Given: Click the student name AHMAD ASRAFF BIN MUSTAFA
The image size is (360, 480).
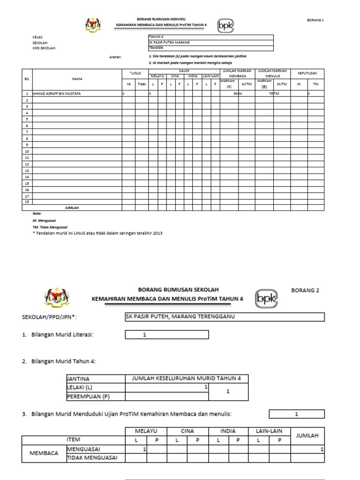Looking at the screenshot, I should tap(56, 94).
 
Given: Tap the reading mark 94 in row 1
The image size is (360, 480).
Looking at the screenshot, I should tap(235, 94).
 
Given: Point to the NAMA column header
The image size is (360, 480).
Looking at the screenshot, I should tap(77, 79).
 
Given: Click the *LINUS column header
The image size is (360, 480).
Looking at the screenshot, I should tap(135, 73).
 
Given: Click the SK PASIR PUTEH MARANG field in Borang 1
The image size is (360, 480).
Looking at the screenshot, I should tap(169, 42).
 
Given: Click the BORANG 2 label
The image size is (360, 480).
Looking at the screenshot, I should tap(305, 290).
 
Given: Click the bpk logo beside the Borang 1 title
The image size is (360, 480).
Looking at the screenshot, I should tap(225, 25).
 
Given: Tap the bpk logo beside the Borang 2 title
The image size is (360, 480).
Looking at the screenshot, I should tap(266, 298).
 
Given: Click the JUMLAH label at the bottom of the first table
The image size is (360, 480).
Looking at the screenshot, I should tap(71, 207).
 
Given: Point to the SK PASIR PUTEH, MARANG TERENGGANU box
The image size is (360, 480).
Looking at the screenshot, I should tap(225, 317).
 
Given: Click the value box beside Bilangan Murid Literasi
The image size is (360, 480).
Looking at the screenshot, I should tap(167, 335).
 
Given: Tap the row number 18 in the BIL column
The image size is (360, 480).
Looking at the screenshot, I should tap(27, 201).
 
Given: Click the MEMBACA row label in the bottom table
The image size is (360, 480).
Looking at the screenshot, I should tap(44, 453).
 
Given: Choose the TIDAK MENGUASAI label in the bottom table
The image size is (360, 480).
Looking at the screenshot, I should tap(92, 457).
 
